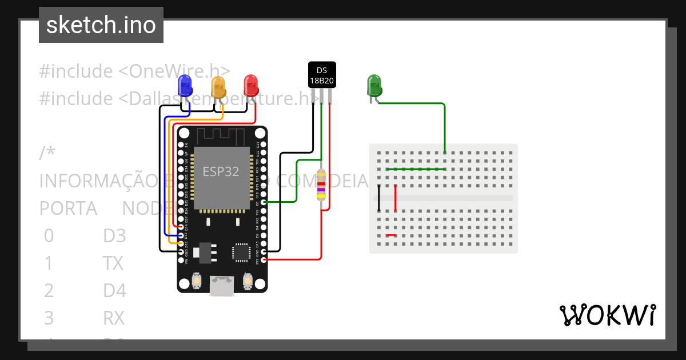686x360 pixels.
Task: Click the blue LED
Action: tap(185, 86)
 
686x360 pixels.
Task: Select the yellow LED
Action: tap(218, 87)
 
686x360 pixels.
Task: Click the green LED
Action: tap(373, 86)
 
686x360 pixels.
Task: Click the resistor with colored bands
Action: tap(321, 187)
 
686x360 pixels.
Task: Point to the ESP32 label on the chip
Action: tap(221, 171)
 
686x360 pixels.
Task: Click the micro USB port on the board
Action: tap(221, 286)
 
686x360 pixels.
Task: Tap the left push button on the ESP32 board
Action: tap(196, 281)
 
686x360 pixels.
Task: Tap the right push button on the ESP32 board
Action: tap(248, 281)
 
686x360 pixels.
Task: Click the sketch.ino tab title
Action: tap(101, 25)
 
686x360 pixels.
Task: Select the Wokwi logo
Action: tap(607, 315)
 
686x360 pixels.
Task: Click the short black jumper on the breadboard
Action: tap(378, 198)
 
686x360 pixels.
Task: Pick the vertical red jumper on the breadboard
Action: tap(396, 198)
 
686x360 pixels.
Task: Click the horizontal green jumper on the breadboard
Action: tap(416, 169)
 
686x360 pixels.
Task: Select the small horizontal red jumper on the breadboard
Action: tap(391, 235)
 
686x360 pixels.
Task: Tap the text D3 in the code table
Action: tap(114, 235)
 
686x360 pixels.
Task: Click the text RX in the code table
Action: tap(114, 317)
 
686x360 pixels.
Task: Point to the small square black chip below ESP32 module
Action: tap(241, 252)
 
